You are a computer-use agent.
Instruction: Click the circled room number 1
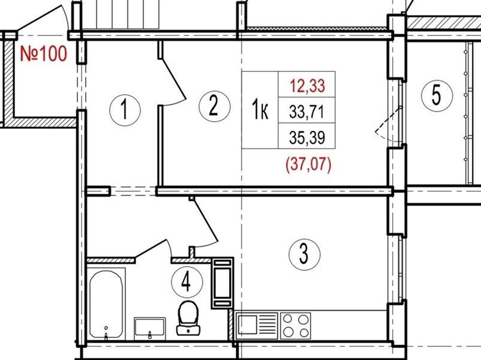(125, 110)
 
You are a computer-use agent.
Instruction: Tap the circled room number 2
(214, 106)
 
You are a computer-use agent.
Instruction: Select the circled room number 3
(304, 254)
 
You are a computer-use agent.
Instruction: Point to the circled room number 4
(187, 283)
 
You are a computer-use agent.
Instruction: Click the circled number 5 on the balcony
(437, 95)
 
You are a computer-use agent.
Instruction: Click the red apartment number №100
(43, 53)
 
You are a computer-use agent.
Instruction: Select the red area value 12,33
(307, 86)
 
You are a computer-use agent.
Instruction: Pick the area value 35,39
(307, 137)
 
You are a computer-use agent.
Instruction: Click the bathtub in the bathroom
(106, 304)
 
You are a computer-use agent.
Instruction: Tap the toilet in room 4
(188, 317)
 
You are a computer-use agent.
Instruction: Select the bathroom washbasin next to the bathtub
(150, 328)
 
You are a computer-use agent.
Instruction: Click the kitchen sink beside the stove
(256, 325)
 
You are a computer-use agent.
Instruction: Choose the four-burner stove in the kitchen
(295, 326)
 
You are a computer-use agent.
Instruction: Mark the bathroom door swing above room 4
(205, 222)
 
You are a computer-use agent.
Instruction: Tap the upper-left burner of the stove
(288, 319)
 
